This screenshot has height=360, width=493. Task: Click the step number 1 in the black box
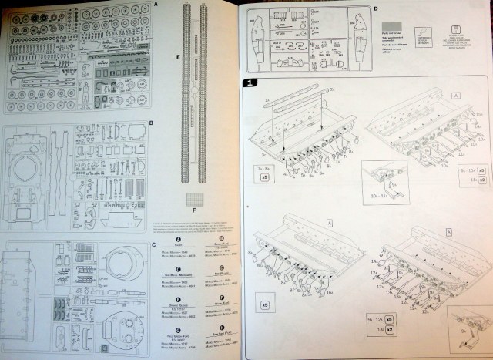coord(250,82)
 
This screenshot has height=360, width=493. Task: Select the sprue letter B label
coord(152,122)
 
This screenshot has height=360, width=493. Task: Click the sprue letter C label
coord(153,245)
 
